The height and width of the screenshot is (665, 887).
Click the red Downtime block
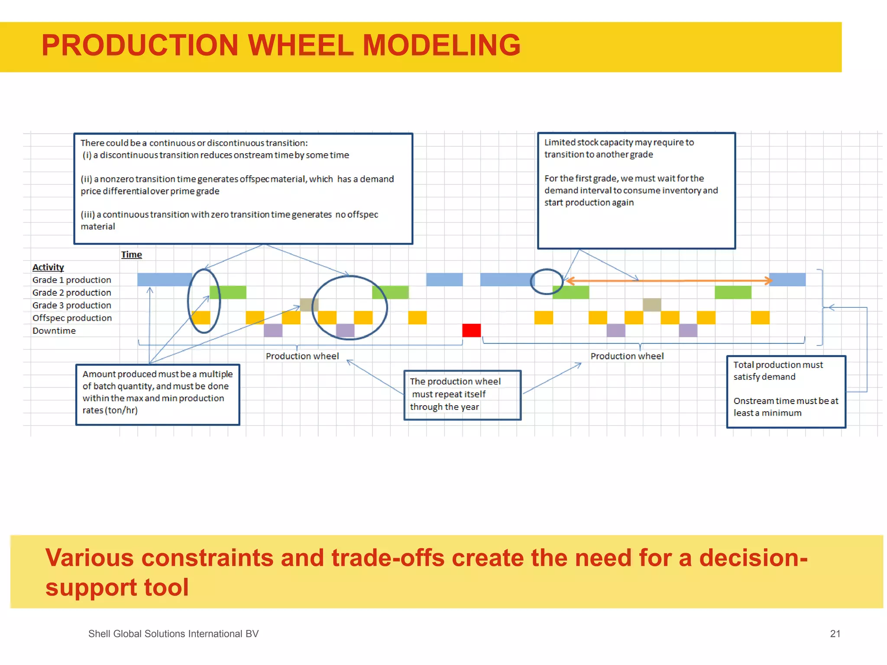pyautogui.click(x=471, y=330)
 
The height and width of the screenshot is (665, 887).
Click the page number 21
pyautogui.click(x=835, y=634)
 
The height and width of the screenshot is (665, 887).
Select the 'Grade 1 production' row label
pyautogui.click(x=72, y=280)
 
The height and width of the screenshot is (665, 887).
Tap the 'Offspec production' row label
pyautogui.click(x=72, y=318)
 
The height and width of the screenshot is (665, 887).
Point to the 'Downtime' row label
pyautogui.click(x=54, y=331)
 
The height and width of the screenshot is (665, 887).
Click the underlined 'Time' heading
pyautogui.click(x=131, y=255)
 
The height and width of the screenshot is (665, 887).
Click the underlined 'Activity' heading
pyautogui.click(x=48, y=267)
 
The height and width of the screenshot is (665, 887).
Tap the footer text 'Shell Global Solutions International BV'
pyautogui.click(x=173, y=634)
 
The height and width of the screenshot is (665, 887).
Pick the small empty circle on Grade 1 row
pyautogui.click(x=547, y=281)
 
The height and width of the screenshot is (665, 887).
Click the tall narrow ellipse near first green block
pyautogui.click(x=204, y=301)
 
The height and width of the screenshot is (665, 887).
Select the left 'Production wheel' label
pyautogui.click(x=302, y=356)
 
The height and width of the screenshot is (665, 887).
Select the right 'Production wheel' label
pyautogui.click(x=627, y=356)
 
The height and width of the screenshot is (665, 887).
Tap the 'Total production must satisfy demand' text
pyautogui.click(x=777, y=371)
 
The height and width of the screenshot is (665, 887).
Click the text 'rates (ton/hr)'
pyautogui.click(x=110, y=410)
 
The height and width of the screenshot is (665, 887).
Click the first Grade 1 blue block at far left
pyautogui.click(x=165, y=280)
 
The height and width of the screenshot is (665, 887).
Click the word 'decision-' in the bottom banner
pyautogui.click(x=753, y=558)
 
